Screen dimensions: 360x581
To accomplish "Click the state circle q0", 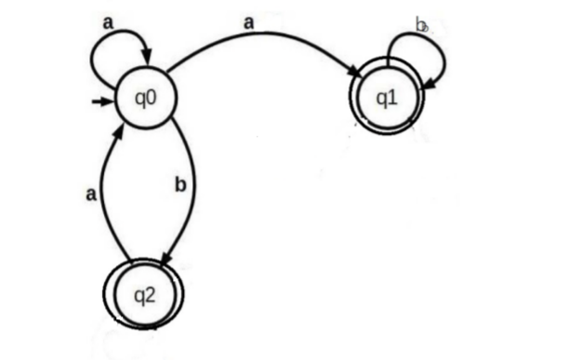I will point(146,97).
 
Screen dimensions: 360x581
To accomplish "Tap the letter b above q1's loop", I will point(421,25).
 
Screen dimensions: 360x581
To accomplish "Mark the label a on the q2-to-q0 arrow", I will point(91,195).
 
